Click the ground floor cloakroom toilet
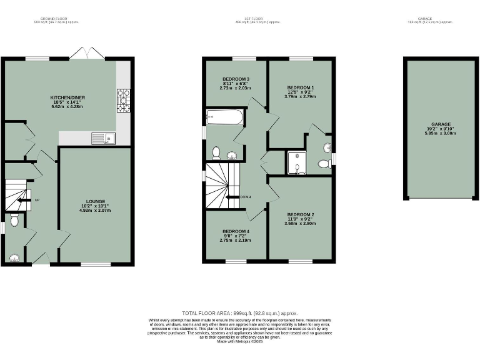coord(14,219)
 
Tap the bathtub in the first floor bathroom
coord(219,116)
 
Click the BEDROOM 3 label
coord(236,79)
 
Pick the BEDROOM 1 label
coord(300,87)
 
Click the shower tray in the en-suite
coord(296,162)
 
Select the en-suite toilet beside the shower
coord(324,164)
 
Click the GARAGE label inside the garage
coord(441,124)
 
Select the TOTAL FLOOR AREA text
coord(239,313)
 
